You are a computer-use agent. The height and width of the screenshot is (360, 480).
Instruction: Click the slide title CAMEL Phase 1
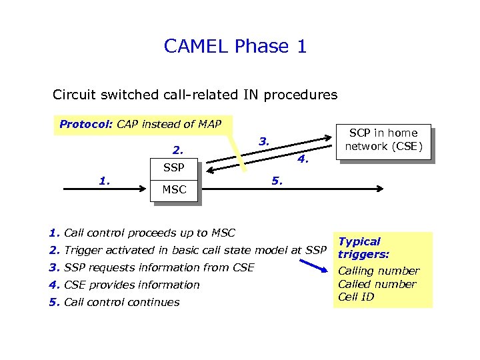235,47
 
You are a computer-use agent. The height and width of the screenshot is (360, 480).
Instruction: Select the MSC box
174,190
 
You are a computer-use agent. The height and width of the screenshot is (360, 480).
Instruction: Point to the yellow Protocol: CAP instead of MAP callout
140,124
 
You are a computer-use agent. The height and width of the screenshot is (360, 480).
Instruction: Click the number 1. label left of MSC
104,179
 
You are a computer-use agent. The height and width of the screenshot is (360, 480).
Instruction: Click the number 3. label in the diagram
264,141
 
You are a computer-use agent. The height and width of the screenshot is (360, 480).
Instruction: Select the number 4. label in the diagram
303,159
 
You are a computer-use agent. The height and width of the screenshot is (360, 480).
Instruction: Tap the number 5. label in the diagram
276,180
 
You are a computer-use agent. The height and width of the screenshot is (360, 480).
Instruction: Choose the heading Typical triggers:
363,248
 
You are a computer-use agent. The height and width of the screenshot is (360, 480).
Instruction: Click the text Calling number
379,271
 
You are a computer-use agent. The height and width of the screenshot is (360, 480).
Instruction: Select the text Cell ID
357,297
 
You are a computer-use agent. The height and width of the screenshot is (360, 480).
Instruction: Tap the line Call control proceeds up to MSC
142,233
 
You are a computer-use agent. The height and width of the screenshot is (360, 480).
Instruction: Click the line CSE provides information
124,285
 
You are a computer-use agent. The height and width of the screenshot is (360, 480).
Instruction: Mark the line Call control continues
114,302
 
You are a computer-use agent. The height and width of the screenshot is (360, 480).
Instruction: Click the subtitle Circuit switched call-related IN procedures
195,95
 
